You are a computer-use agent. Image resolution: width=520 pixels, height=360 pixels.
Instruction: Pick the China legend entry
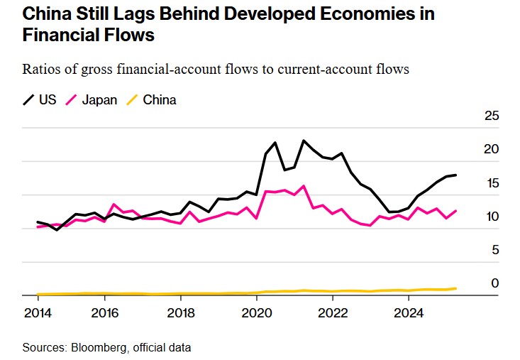(x=159, y=99)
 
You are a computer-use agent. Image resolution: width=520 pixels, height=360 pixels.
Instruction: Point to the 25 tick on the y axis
(x=492, y=116)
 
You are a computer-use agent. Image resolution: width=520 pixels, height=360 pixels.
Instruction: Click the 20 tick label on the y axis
(x=492, y=149)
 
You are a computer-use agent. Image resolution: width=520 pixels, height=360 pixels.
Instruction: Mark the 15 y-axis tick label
(x=492, y=183)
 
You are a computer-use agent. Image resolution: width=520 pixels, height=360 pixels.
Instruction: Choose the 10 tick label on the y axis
(x=492, y=217)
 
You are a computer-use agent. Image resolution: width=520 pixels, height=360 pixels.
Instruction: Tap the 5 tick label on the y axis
(x=495, y=250)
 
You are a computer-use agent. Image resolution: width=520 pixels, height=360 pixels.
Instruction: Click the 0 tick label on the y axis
(x=495, y=283)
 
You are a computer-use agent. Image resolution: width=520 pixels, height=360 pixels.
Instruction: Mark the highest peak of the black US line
(x=304, y=141)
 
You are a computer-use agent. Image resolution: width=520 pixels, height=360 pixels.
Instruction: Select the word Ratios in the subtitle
(x=40, y=70)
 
